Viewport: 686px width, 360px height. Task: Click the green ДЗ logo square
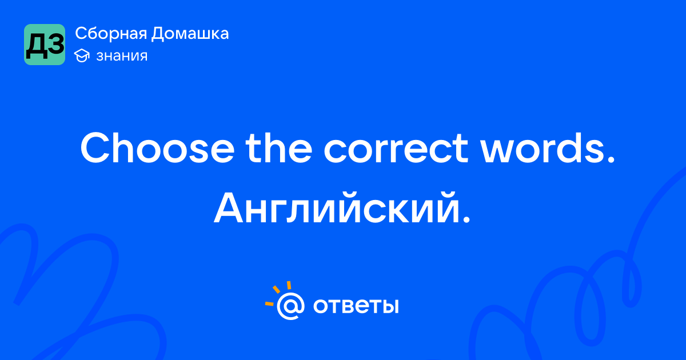[x=45, y=45]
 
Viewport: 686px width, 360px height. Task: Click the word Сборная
[x=111, y=34]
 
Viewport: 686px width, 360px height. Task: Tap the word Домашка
[x=190, y=34]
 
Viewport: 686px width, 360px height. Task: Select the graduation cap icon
[x=82, y=56]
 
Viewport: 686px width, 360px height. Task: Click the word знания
[x=122, y=56]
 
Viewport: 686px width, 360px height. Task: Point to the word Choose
[x=157, y=148]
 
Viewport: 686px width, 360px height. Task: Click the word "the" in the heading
[x=279, y=148]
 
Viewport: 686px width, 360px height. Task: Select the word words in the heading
[x=542, y=148]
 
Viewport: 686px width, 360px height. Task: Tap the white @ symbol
[x=290, y=306]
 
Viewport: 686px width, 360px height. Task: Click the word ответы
[x=356, y=306]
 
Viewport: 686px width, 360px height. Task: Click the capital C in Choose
[x=95, y=148]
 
